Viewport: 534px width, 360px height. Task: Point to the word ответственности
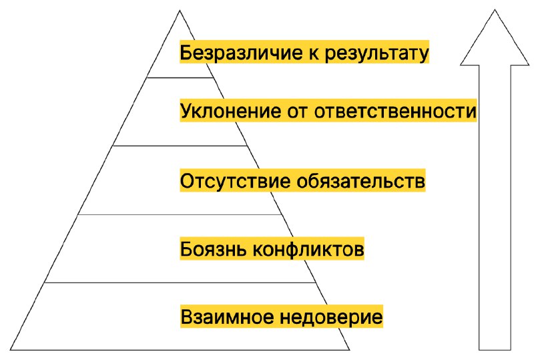click(395, 111)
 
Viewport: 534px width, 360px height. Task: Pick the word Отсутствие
click(235, 181)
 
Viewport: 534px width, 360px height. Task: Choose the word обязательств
click(360, 181)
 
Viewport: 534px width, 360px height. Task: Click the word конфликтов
click(308, 249)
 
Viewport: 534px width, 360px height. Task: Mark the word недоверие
click(331, 317)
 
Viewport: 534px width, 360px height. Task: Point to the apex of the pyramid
click(180, 11)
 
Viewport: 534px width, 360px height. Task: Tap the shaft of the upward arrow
click(495, 207)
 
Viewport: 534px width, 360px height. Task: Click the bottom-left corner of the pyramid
click(11, 350)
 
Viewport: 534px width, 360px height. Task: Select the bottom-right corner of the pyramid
click(349, 350)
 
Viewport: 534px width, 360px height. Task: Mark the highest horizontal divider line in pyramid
click(180, 77)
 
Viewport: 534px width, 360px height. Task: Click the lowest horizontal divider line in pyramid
click(180, 283)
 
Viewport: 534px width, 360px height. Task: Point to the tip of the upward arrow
click(495, 9)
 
